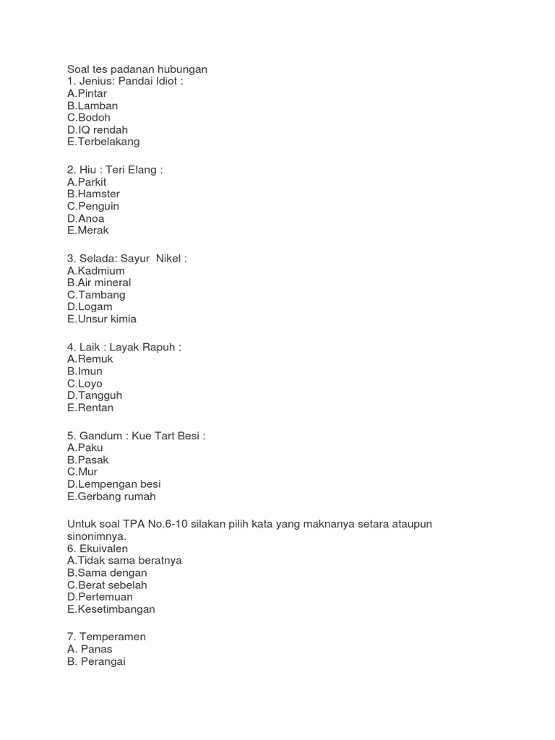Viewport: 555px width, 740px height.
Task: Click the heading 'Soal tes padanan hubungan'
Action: click(137, 69)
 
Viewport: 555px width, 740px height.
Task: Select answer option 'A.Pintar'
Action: click(87, 93)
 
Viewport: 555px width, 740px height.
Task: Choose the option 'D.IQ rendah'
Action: click(98, 130)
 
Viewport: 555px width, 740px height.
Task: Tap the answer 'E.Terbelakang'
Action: click(103, 142)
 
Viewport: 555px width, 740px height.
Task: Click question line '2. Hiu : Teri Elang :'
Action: click(115, 170)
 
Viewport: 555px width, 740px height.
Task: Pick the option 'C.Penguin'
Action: click(93, 206)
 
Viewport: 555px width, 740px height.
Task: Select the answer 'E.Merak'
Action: click(87, 231)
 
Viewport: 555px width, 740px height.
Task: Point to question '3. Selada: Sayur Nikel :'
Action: click(127, 259)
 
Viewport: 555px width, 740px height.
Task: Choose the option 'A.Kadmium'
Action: click(96, 271)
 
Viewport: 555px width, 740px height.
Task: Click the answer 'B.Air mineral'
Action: click(99, 283)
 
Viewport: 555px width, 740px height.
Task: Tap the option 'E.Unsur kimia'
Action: click(102, 319)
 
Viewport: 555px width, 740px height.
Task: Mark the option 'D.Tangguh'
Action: click(95, 395)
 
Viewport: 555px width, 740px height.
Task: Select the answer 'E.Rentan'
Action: click(90, 408)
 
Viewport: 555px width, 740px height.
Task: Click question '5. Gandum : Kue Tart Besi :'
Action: click(137, 436)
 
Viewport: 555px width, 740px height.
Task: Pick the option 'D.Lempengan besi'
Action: click(114, 484)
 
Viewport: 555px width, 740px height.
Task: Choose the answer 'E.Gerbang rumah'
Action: click(111, 496)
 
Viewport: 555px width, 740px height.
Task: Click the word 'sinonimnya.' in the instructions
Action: click(97, 536)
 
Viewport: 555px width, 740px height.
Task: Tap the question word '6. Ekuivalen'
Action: click(98, 548)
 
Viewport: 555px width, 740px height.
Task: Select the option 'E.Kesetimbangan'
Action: click(111, 609)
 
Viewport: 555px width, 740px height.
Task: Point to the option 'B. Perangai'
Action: click(96, 661)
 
